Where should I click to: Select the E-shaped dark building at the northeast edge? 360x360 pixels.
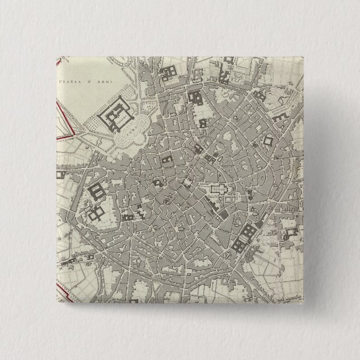point(280,117)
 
